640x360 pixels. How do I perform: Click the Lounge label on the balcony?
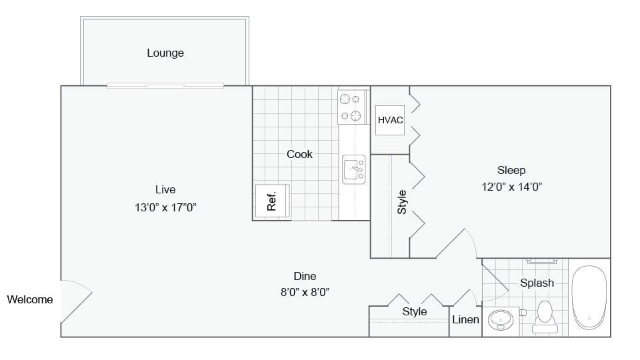pyautogui.click(x=165, y=53)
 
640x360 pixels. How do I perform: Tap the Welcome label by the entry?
pyautogui.click(x=30, y=299)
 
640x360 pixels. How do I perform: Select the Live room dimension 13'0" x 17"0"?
pyautogui.click(x=165, y=207)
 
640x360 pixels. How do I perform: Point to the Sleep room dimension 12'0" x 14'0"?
pyautogui.click(x=511, y=187)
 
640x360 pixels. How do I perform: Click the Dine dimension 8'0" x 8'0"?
pyautogui.click(x=305, y=291)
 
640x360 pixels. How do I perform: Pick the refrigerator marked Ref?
pyautogui.click(x=272, y=201)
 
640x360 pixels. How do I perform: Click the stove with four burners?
pyautogui.click(x=353, y=107)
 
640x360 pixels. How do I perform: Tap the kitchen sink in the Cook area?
pyautogui.click(x=354, y=169)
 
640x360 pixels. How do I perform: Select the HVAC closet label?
pyautogui.click(x=390, y=120)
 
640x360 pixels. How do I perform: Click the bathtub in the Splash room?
pyautogui.click(x=589, y=297)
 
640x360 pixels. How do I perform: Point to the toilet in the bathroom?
pyautogui.click(x=545, y=315)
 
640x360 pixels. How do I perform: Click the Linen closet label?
pyautogui.click(x=465, y=319)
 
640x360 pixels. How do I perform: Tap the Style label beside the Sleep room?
pyautogui.click(x=402, y=202)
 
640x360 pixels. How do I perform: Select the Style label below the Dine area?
pyautogui.click(x=414, y=311)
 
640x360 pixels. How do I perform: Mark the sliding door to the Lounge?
pyautogui.click(x=165, y=85)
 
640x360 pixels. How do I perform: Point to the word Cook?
pyautogui.click(x=299, y=154)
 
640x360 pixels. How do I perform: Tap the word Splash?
pyautogui.click(x=537, y=283)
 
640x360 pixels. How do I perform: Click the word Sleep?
pyautogui.click(x=511, y=170)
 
